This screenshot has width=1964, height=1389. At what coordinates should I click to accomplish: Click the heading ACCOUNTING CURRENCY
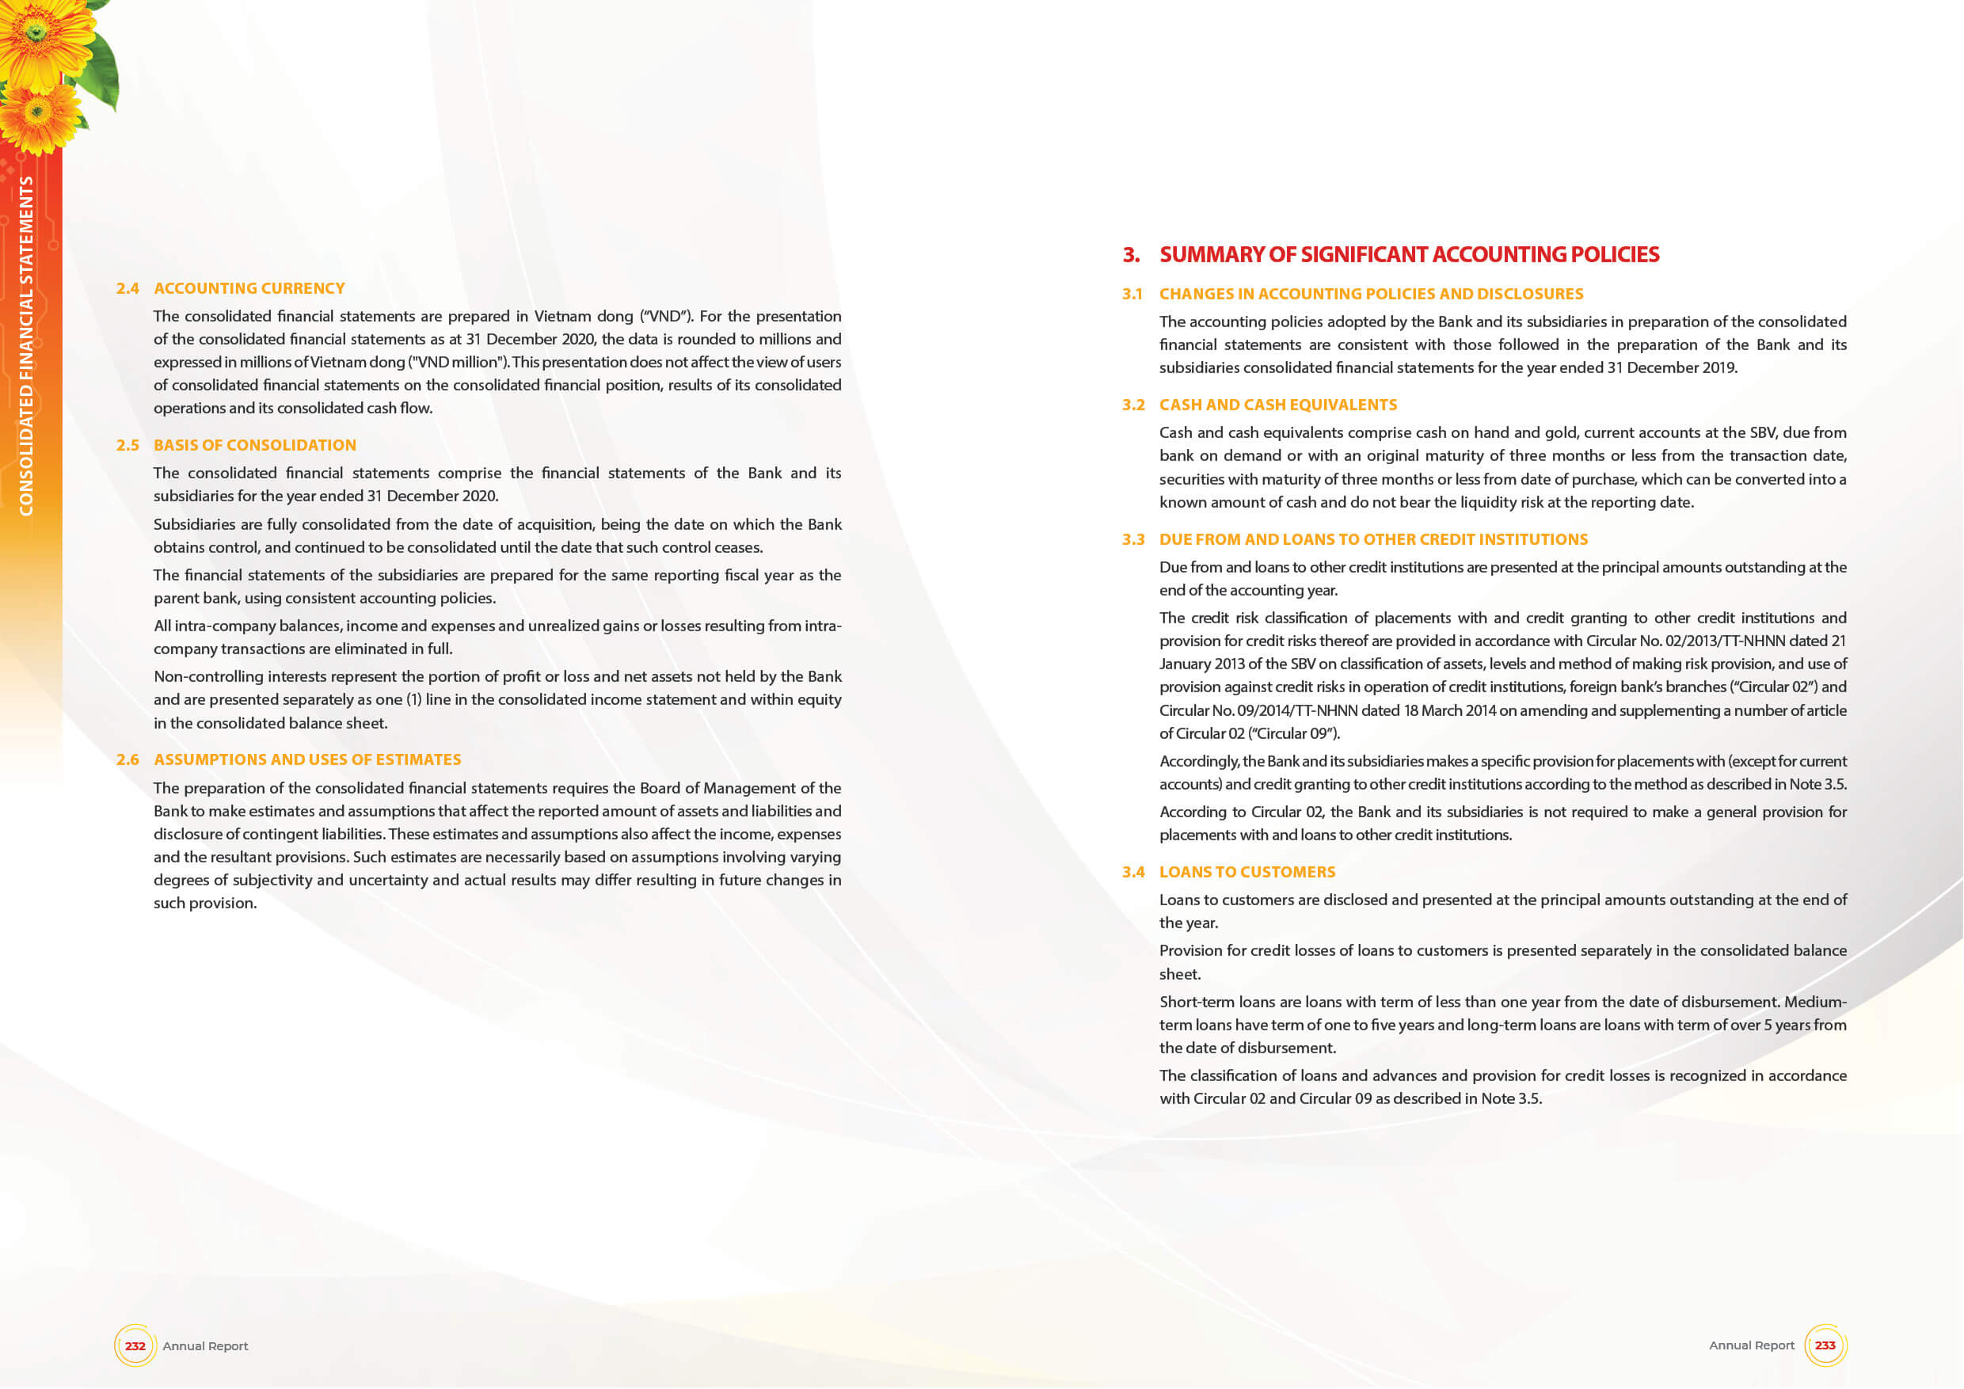coord(249,288)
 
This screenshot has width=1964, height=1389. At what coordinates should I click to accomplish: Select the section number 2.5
coord(128,445)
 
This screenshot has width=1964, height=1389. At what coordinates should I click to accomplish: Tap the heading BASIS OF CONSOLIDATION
coord(255,445)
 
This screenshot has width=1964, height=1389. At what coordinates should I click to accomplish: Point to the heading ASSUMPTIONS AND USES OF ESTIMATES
coord(307,759)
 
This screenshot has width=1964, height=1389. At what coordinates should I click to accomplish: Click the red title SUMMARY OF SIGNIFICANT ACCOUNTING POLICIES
coord(1409,254)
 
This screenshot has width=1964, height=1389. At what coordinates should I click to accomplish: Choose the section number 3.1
coord(1132,293)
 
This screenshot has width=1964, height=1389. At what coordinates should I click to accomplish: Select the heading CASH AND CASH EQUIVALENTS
coord(1278,405)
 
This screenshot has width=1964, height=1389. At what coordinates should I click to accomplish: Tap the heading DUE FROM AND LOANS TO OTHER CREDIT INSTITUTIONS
coord(1373,538)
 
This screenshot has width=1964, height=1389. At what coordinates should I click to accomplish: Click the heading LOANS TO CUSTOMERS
coord(1247,872)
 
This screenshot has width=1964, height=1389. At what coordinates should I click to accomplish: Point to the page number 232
coord(135,1345)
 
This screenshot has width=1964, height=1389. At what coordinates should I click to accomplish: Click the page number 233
coord(1825,1345)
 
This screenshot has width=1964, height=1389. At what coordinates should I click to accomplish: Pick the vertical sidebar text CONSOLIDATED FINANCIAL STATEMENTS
coord(26,345)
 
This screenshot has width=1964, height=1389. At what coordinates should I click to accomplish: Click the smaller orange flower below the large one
coord(39,116)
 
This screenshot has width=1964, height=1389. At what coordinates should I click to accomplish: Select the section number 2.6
coord(128,759)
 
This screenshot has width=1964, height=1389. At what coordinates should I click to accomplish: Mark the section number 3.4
coord(1133,872)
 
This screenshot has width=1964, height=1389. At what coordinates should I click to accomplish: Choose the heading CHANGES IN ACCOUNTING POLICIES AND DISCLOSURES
coord(1371,293)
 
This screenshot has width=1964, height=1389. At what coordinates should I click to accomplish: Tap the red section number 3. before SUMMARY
coord(1131,254)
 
